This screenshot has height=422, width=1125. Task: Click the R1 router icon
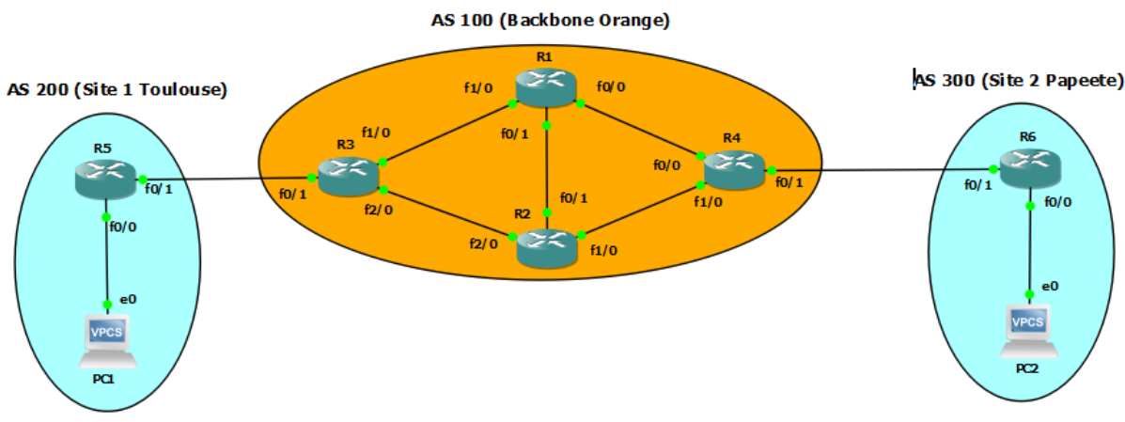click(x=546, y=87)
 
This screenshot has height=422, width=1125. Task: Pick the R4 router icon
click(x=734, y=169)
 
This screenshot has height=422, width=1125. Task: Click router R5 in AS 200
click(x=106, y=179)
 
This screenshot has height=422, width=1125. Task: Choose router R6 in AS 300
click(x=1028, y=170)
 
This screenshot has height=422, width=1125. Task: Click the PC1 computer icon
click(x=107, y=342)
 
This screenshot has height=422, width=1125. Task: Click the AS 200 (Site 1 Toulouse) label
click(x=117, y=90)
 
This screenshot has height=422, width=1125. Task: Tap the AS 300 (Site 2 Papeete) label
click(x=1019, y=81)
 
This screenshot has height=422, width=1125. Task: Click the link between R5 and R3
click(x=226, y=178)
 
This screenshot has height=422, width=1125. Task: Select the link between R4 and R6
click(x=883, y=170)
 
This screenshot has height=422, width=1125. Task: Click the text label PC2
click(x=1028, y=368)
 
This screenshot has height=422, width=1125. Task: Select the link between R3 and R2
click(x=448, y=214)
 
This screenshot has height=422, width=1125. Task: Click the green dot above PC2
click(x=1031, y=295)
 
